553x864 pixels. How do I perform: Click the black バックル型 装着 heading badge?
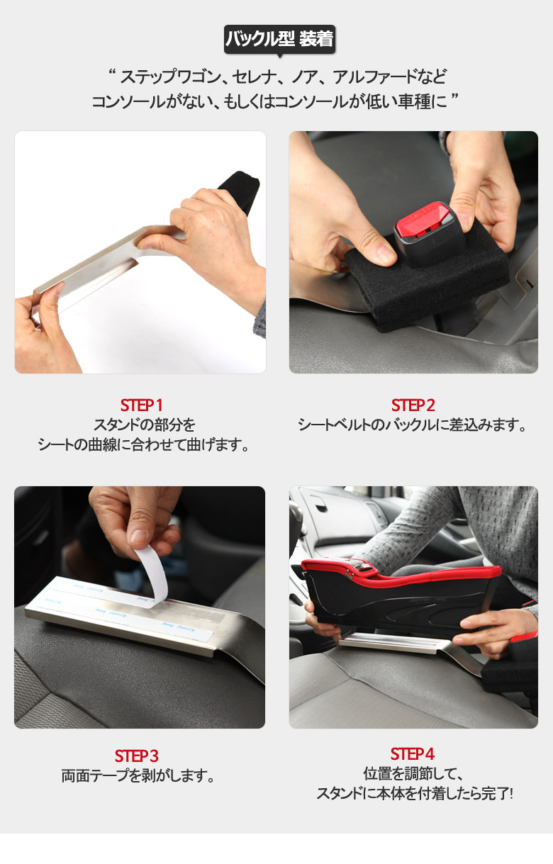[x=279, y=40]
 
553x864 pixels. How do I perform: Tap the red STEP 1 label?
[x=141, y=405]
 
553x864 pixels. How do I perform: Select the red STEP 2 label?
[x=413, y=405]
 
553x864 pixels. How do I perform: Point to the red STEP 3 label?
[x=137, y=756]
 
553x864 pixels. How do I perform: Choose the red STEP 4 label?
[x=413, y=754]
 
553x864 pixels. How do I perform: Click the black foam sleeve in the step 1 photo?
[x=240, y=189]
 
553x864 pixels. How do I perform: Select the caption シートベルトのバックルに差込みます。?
[x=412, y=425]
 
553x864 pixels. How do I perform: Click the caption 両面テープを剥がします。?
[x=138, y=775]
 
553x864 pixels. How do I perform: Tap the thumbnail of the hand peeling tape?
[x=140, y=607]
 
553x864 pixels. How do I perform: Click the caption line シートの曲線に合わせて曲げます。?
[x=143, y=444]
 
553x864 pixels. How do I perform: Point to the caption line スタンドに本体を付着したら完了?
[x=415, y=793]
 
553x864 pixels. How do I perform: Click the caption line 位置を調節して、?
[x=413, y=773]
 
